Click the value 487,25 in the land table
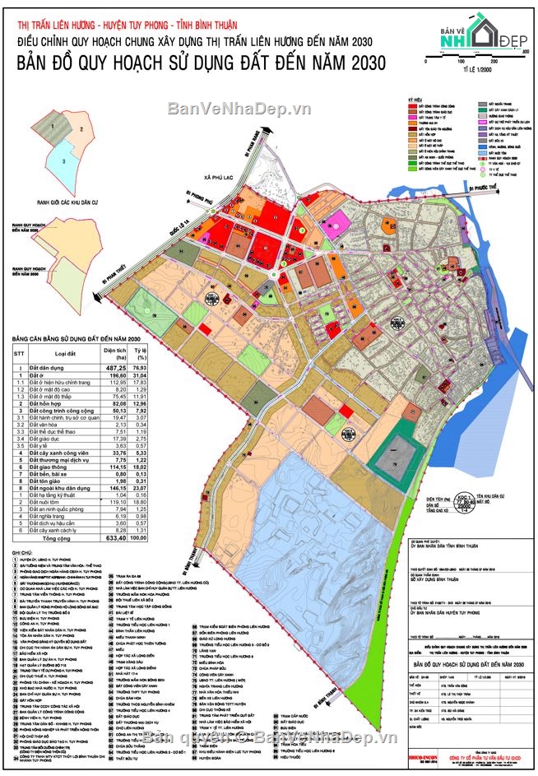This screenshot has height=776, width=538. point(114,368)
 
